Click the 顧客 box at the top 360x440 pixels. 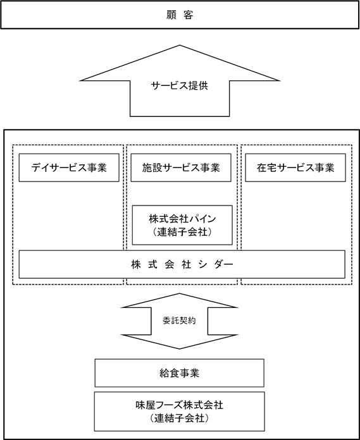(x=180, y=15)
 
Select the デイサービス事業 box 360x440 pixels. (x=69, y=168)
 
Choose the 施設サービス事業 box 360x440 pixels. (x=181, y=168)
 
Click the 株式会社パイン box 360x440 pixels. (x=182, y=225)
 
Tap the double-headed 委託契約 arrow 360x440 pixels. (x=180, y=321)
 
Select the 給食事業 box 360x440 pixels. (x=180, y=373)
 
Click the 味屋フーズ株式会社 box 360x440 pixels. (x=180, y=411)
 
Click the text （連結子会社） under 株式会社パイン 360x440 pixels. (x=182, y=232)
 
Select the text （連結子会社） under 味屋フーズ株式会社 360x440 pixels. (x=180, y=418)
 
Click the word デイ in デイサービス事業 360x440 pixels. (x=41, y=168)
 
